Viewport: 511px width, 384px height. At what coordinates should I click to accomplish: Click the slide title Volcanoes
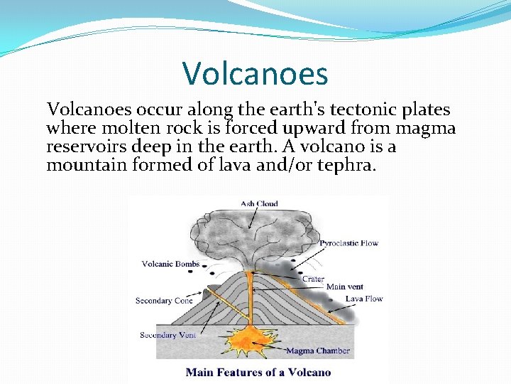coord(255,73)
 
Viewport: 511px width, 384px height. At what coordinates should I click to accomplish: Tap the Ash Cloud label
coord(259,204)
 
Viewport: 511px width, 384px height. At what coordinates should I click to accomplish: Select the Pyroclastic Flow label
coord(348,243)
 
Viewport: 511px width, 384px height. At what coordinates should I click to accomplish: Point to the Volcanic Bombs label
coord(170,265)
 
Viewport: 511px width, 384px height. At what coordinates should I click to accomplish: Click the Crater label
coord(313,279)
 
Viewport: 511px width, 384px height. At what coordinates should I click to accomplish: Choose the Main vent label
coord(345,287)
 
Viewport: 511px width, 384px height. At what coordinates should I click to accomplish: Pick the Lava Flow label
coord(364,299)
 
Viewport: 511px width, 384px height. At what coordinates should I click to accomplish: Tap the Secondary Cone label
coord(164,301)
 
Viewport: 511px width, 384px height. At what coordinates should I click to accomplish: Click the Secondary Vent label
coord(168,335)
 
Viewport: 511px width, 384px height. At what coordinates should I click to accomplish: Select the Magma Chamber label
coord(318,351)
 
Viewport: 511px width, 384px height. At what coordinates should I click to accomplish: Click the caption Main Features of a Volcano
coord(258,372)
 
